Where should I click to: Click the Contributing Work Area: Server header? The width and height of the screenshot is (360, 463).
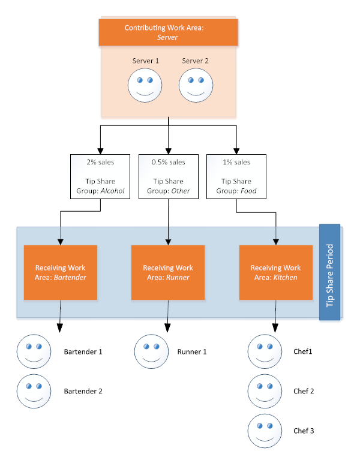(x=168, y=32)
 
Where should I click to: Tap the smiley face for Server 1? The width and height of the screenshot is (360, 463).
(x=145, y=86)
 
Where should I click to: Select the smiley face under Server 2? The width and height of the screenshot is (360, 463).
(x=196, y=86)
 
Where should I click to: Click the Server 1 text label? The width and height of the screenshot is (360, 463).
(x=145, y=61)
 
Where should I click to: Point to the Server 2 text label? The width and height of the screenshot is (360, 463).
(x=196, y=61)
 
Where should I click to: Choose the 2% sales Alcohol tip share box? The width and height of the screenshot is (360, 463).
(x=101, y=176)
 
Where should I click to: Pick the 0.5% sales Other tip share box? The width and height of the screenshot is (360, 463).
(x=169, y=176)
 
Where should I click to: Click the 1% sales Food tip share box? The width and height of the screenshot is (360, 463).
(x=236, y=176)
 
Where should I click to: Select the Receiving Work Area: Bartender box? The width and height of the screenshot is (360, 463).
(x=60, y=272)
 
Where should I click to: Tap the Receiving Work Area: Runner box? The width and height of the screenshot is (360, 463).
(x=168, y=272)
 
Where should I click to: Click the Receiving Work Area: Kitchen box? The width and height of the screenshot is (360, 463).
(x=275, y=272)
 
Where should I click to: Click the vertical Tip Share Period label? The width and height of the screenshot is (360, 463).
(x=329, y=273)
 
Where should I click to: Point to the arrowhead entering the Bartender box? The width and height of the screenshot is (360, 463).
(x=60, y=242)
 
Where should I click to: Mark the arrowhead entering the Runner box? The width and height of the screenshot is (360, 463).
(x=168, y=242)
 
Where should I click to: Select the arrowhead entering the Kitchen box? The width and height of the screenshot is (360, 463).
(x=275, y=242)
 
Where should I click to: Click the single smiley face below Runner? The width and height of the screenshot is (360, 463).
(x=151, y=351)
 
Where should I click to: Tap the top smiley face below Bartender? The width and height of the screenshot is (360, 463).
(x=34, y=351)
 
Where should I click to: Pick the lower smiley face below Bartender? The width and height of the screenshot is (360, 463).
(x=34, y=390)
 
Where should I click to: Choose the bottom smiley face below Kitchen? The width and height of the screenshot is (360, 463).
(x=265, y=431)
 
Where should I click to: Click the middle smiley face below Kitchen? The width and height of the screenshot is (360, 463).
(x=265, y=391)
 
